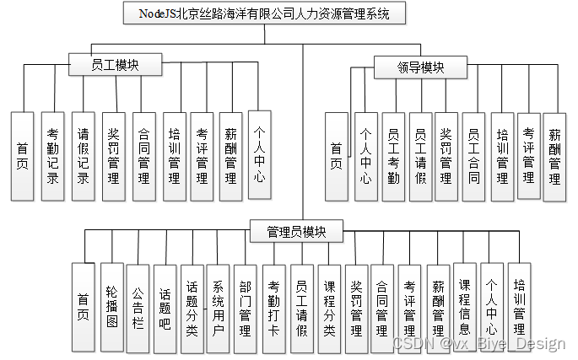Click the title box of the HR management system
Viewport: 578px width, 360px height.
click(x=263, y=13)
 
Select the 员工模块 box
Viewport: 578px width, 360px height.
click(x=115, y=65)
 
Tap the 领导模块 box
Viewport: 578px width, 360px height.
click(x=408, y=67)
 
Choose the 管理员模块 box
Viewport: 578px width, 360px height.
click(x=296, y=229)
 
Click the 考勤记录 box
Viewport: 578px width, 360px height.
click(x=52, y=155)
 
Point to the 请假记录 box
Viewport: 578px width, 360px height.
click(x=83, y=155)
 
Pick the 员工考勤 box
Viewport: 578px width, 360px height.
click(x=393, y=156)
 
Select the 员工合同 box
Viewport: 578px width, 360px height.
click(x=474, y=156)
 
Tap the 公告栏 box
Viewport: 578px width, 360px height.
click(x=138, y=307)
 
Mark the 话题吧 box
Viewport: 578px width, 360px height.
click(x=165, y=307)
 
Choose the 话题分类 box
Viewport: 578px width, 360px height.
click(x=192, y=309)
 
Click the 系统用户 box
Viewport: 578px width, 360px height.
click(x=219, y=309)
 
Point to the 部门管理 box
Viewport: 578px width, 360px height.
click(x=245, y=309)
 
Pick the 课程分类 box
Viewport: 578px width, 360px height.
click(x=329, y=309)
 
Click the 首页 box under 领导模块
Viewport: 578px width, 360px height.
click(x=337, y=156)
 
